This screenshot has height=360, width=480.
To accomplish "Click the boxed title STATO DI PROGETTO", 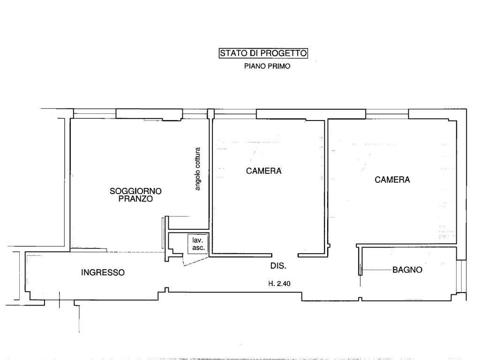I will point(263,53).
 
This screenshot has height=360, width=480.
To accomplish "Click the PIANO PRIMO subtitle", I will point(267,67).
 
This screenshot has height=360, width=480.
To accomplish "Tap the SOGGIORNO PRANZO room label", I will point(135,195).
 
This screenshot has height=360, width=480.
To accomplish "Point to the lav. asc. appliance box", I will point(196,244).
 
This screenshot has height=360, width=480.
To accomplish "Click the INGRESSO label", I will point(103,272).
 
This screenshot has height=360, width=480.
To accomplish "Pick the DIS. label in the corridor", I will point(278,266).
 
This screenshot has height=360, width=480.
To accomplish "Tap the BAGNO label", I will point(407,270).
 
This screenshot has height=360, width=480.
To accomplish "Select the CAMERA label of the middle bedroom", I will point(264,171).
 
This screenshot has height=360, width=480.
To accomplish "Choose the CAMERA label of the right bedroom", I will point(392,180).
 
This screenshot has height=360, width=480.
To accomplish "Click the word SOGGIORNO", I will point(135,191).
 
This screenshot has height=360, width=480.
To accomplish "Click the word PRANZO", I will point(135,199).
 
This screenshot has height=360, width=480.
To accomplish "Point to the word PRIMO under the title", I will point(279,67).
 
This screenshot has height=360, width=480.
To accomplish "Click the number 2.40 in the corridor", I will point(285,283).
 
